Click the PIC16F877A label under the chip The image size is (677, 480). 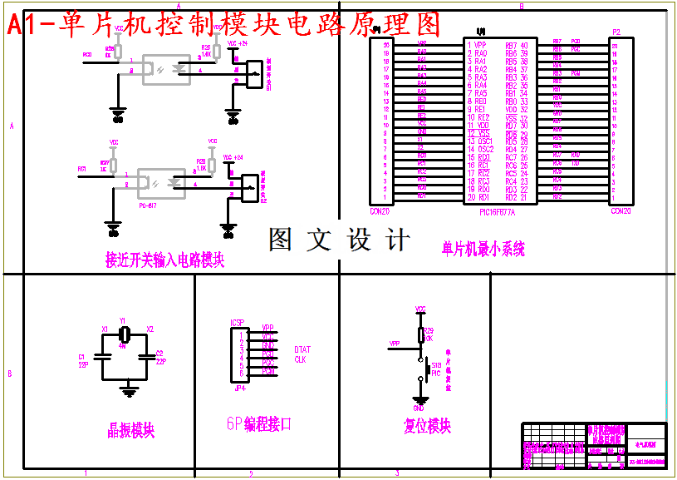[x=498, y=212]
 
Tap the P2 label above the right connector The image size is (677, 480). [x=616, y=32]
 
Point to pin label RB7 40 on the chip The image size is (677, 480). [x=517, y=45]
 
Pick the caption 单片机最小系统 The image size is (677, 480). [x=483, y=249]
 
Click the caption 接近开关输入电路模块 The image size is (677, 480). [x=165, y=260]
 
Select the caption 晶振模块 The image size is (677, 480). [x=131, y=430]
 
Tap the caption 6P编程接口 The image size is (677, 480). [x=259, y=424]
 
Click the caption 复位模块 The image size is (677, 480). [x=427, y=426]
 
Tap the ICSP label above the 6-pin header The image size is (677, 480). [x=237, y=322]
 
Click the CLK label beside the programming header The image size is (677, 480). [x=300, y=359]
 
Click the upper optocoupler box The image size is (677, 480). [x=169, y=68]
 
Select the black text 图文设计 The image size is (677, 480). [x=340, y=240]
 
